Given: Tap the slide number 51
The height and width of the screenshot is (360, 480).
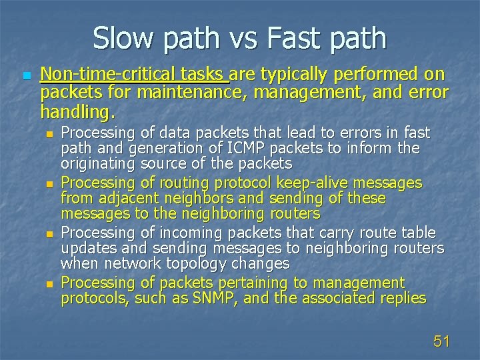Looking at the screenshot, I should click(441, 342).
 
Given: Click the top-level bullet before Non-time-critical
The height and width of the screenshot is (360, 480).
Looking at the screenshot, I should click(26, 76).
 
